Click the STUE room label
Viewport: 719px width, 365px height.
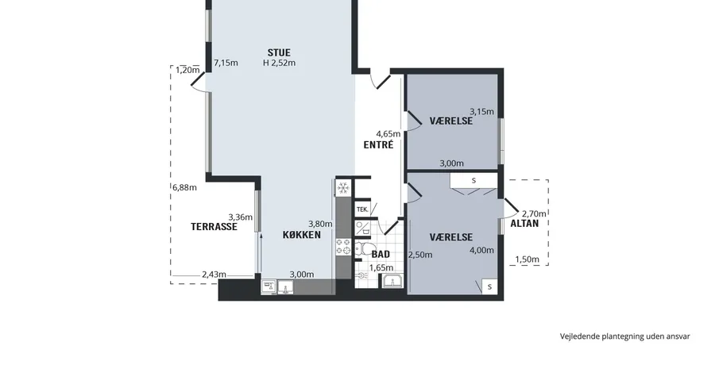[x=279, y=52]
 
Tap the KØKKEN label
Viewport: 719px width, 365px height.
[x=301, y=235]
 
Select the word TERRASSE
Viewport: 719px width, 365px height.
[x=215, y=226]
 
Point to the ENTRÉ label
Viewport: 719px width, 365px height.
[x=378, y=144]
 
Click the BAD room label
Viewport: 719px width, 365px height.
[x=381, y=254]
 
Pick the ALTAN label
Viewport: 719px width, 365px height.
[x=524, y=224]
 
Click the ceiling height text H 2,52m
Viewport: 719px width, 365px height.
[x=279, y=63]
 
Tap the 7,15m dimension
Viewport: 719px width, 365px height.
[x=226, y=63]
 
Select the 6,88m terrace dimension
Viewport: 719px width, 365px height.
[x=184, y=186]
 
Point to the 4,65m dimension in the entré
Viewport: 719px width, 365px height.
[x=388, y=134]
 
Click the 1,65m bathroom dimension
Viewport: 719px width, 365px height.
[x=381, y=267]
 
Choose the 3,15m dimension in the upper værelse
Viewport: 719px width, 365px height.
[x=481, y=111]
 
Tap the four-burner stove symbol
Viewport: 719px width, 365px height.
[x=343, y=246]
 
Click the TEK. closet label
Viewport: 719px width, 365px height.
[x=362, y=209]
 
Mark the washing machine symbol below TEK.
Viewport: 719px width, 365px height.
[x=362, y=228]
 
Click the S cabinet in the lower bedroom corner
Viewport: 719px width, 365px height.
[x=489, y=286]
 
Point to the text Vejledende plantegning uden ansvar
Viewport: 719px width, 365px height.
[x=624, y=336]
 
